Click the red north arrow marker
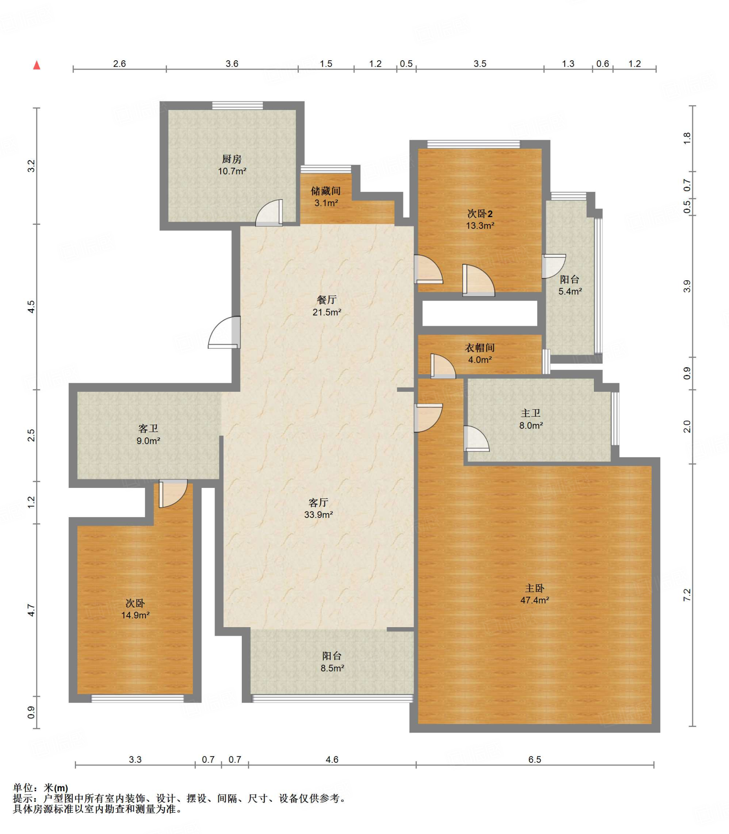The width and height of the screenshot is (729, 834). (x=37, y=65)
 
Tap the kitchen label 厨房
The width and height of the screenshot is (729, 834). (x=232, y=159)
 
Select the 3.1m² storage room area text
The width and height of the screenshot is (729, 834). (x=326, y=203)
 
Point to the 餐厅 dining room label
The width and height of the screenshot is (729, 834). (x=326, y=300)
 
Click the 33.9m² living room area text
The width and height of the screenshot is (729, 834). (x=319, y=514)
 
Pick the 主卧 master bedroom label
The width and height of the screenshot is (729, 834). (x=534, y=588)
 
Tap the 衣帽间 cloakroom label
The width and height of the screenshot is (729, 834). (x=480, y=348)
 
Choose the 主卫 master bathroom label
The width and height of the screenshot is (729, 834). (x=531, y=413)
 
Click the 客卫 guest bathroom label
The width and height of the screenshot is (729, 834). (x=148, y=428)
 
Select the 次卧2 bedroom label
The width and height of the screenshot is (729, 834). (x=480, y=213)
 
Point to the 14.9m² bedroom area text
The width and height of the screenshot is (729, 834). (x=136, y=615)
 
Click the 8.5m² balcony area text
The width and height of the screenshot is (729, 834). (x=333, y=668)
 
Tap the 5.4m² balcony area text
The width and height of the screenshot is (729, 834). (x=570, y=291)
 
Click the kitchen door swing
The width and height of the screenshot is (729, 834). (x=269, y=213)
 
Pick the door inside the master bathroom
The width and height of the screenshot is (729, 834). (x=477, y=439)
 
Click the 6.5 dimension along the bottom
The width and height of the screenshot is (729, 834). (x=535, y=759)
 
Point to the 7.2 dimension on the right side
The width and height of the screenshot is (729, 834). (x=687, y=595)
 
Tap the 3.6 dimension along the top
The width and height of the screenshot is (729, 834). (x=232, y=64)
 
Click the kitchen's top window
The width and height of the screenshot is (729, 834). (x=237, y=105)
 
